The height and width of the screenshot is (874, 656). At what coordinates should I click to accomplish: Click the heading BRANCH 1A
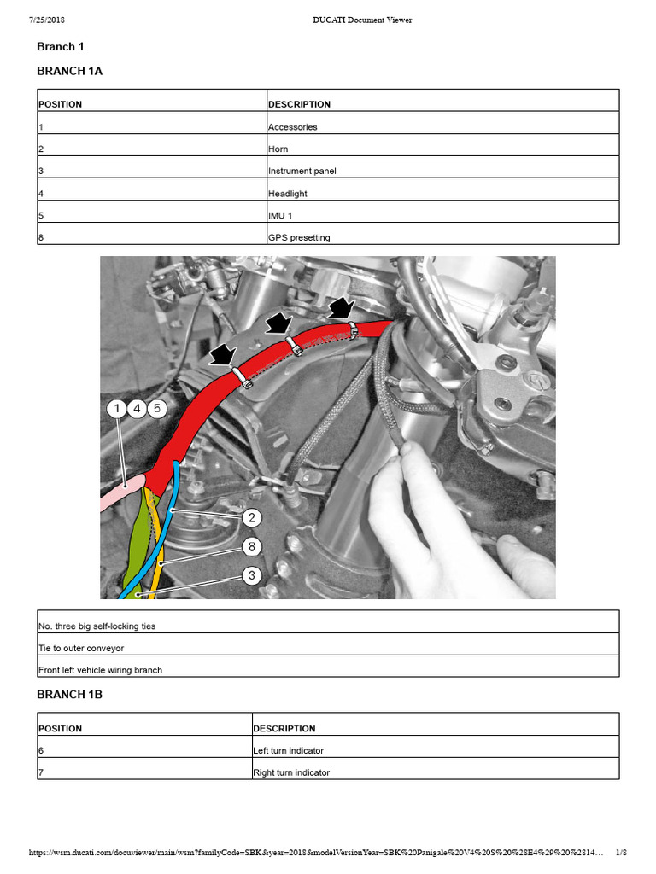click(69, 71)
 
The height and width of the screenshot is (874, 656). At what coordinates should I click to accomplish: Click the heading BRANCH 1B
click(69, 695)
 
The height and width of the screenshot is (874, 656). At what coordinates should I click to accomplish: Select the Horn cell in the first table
click(278, 149)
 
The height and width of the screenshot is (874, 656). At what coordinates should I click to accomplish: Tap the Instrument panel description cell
click(302, 171)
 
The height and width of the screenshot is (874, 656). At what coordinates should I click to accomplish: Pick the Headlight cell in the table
click(288, 194)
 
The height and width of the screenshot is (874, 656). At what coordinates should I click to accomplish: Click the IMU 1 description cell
click(280, 216)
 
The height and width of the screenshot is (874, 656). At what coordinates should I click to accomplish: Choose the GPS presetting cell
click(299, 238)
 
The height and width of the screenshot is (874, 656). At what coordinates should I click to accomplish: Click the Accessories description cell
click(293, 127)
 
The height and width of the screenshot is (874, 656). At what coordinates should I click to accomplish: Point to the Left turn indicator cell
click(289, 751)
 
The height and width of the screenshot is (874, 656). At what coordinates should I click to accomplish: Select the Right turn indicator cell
click(291, 772)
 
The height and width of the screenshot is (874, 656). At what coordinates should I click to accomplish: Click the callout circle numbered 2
click(251, 517)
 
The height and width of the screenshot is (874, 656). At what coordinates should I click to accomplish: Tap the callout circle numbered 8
click(251, 546)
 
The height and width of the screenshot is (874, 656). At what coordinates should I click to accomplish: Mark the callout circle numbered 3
click(251, 575)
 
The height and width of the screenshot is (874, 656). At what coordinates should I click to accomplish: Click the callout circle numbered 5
click(156, 409)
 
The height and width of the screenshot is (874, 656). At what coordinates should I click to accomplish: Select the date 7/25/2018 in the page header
click(49, 20)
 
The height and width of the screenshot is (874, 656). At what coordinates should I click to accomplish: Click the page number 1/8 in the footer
click(621, 853)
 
